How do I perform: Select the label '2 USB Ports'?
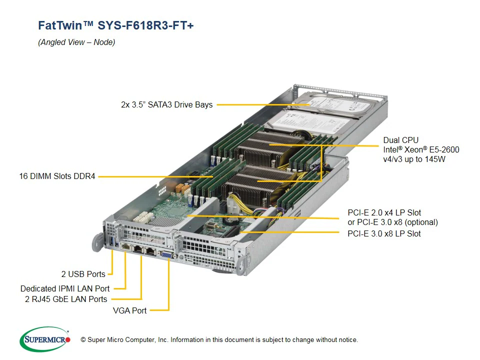(83, 274)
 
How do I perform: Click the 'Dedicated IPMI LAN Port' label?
(65, 288)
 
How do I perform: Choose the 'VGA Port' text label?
(130, 310)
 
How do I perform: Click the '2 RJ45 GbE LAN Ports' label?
(66, 299)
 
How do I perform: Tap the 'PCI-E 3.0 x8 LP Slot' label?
(384, 233)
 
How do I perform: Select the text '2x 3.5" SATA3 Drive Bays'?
(166, 104)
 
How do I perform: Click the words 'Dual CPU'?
(400, 140)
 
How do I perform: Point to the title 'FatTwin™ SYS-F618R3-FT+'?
(115, 25)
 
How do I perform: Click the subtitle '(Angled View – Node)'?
(76, 42)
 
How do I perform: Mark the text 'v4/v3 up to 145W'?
(414, 159)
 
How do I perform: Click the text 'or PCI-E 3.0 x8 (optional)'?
(392, 222)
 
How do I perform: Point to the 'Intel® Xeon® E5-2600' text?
(421, 149)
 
